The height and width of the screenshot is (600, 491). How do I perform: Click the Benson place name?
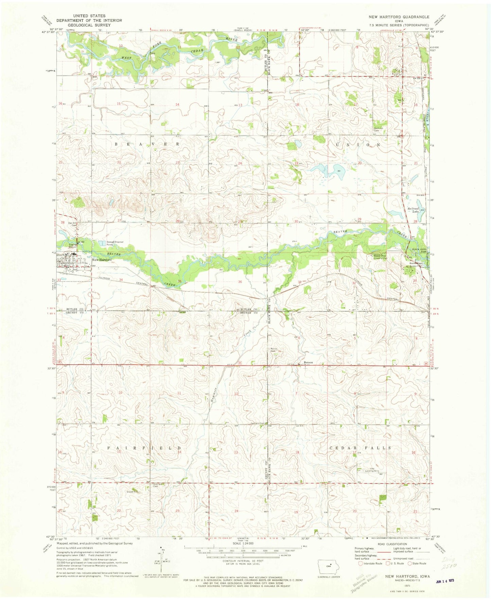(308, 362)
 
